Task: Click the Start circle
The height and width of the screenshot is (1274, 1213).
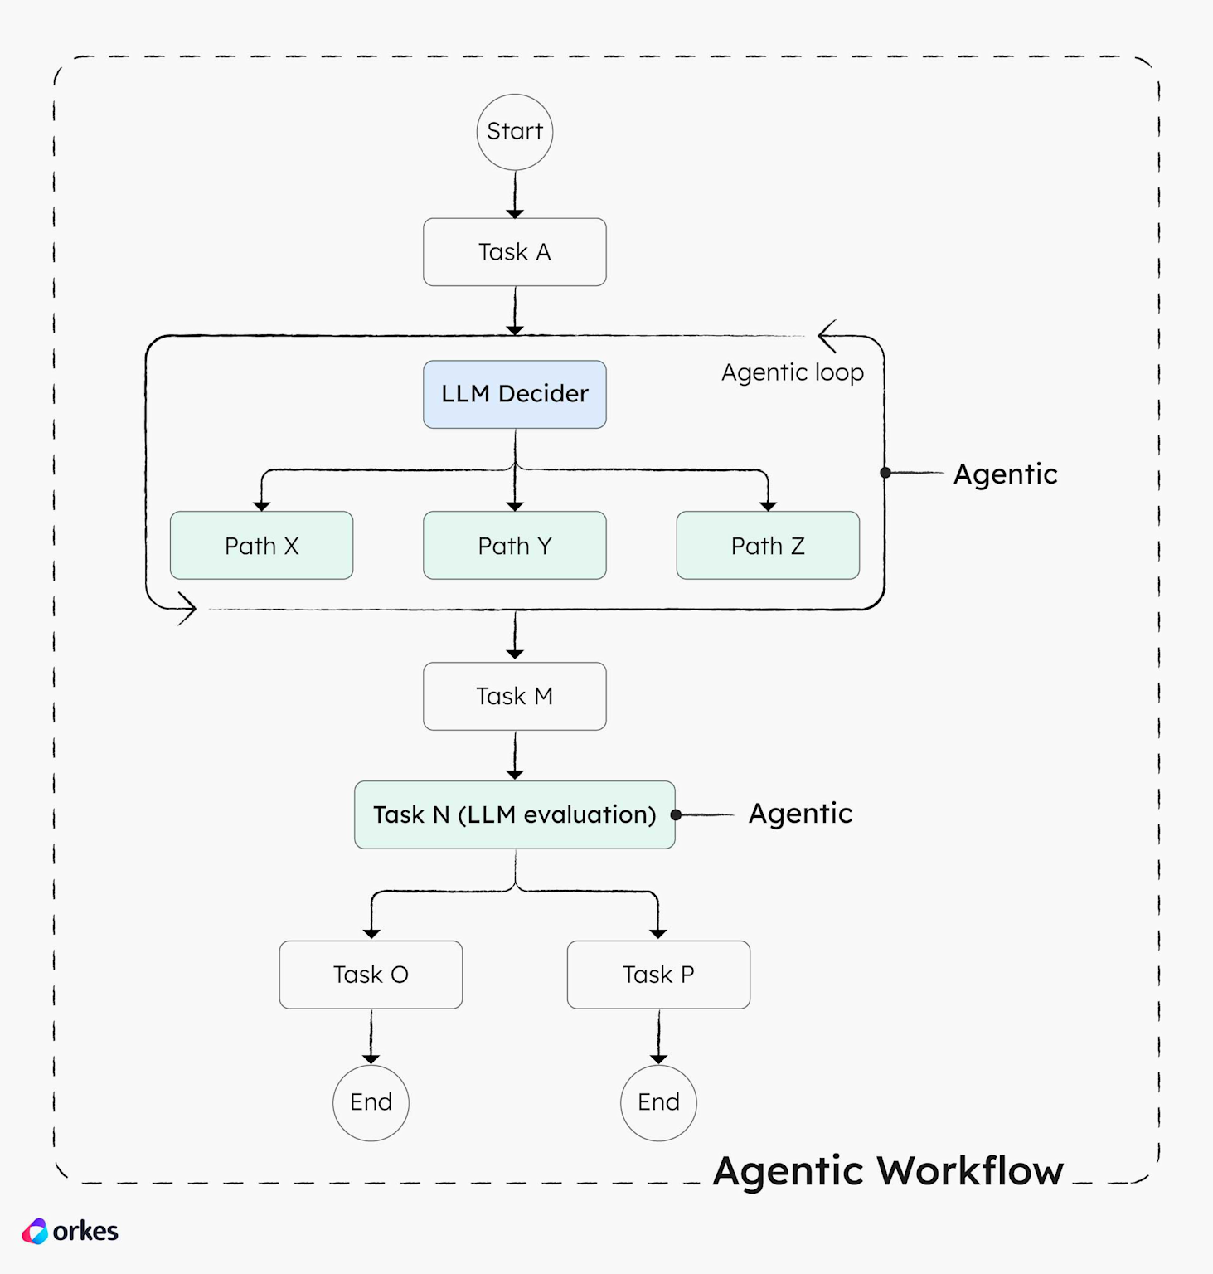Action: [x=514, y=132]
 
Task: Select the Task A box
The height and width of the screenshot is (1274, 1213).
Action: [x=514, y=252]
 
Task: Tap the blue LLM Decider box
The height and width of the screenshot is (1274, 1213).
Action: [x=514, y=394]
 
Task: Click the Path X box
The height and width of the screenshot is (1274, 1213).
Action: [x=261, y=545]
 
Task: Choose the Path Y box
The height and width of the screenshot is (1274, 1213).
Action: [x=514, y=545]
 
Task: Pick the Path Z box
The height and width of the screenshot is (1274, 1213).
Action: [x=768, y=545]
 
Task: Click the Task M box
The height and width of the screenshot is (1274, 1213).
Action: [x=514, y=696]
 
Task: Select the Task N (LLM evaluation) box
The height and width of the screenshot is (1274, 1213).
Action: [x=514, y=814]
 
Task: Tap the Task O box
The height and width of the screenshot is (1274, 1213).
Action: [x=371, y=975]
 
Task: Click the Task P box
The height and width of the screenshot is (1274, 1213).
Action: [x=658, y=975]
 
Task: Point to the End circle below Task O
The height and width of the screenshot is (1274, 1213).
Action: [x=371, y=1102]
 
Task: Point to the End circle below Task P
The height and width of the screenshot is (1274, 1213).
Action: [x=658, y=1102]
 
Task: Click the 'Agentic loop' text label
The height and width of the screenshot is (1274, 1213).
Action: [x=792, y=372]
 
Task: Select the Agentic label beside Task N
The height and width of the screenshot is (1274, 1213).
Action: [x=800, y=814]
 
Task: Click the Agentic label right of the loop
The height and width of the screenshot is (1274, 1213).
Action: [x=1005, y=474]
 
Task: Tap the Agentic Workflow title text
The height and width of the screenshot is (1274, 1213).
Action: [x=887, y=1171]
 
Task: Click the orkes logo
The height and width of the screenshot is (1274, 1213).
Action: [x=70, y=1231]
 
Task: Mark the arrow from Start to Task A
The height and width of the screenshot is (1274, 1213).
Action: [x=515, y=195]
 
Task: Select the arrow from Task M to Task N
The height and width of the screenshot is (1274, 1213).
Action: [x=515, y=756]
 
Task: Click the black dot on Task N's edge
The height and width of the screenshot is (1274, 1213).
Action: [x=676, y=815]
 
